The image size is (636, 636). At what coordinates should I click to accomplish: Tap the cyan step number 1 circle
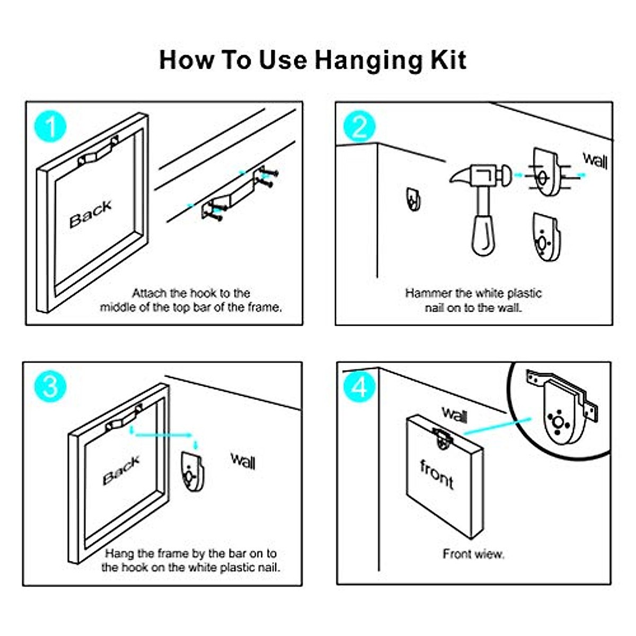50,127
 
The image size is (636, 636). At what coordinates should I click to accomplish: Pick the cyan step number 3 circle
50,386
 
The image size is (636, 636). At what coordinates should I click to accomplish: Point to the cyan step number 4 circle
359,386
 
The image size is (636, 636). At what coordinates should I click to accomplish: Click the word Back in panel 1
91,214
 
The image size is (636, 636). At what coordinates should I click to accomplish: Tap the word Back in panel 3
121,470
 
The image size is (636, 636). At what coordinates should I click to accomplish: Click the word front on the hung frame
437,474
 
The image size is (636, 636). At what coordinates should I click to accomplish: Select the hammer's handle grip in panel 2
484,235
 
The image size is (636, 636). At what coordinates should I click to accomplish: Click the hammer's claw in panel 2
460,175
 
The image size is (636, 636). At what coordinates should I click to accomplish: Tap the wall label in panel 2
595,161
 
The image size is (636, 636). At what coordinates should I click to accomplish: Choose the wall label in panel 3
243,461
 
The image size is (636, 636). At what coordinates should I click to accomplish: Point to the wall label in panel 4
455,414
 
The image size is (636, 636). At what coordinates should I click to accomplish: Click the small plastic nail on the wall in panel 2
413,199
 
